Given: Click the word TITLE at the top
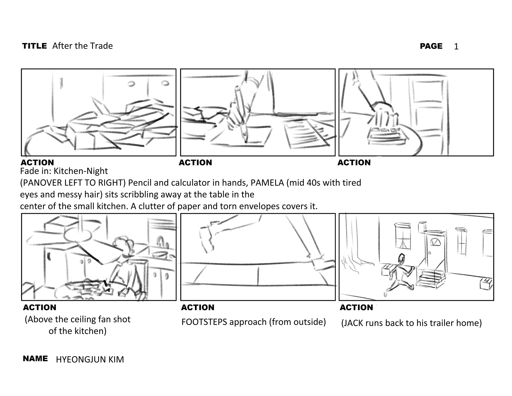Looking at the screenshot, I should point(34,46).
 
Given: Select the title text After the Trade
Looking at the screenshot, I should point(82,46).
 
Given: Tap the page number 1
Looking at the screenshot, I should point(456,47).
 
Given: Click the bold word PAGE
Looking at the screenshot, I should point(431,46).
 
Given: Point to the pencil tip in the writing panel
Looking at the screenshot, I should point(245,141).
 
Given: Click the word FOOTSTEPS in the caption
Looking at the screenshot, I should point(204,322).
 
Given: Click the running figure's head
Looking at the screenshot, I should point(401,258).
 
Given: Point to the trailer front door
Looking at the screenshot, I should point(435,251).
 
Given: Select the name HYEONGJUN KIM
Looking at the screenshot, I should point(90,360).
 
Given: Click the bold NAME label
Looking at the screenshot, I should point(35,359).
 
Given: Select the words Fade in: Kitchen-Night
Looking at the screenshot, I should point(64,171).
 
